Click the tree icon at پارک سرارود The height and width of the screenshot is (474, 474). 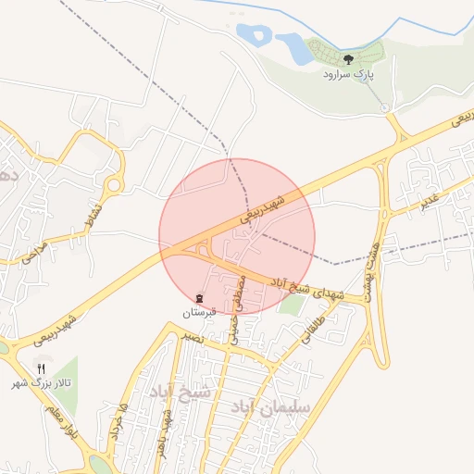(348, 59)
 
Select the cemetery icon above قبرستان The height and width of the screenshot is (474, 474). (199, 298)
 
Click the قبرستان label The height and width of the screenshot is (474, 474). (199, 312)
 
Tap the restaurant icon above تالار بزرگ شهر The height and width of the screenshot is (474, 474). (41, 368)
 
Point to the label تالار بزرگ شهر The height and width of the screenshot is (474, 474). (41, 382)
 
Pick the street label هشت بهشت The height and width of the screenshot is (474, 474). (372, 264)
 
